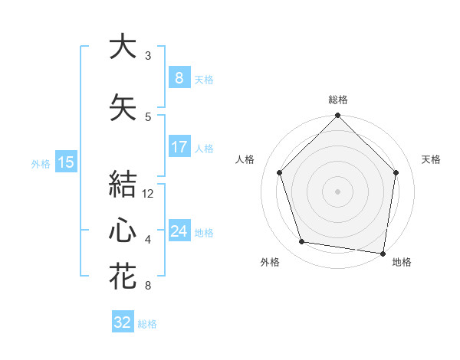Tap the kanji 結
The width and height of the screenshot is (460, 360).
click(x=123, y=185)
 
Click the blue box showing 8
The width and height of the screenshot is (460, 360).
click(x=179, y=78)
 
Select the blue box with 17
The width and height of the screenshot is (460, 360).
click(x=179, y=147)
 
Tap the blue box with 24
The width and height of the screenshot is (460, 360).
click(x=179, y=231)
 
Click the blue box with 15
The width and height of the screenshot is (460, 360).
click(x=65, y=162)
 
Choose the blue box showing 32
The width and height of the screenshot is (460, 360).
click(x=123, y=322)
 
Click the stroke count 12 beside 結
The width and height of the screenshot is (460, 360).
click(x=148, y=194)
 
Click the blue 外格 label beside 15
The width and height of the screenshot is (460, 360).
click(x=40, y=163)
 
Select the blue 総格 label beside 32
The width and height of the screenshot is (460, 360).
click(x=147, y=324)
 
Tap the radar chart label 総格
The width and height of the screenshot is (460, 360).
click(x=338, y=100)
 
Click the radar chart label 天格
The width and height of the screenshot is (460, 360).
click(x=431, y=159)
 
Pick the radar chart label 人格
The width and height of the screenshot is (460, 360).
click(x=245, y=159)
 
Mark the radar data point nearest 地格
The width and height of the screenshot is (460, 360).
click(x=383, y=253)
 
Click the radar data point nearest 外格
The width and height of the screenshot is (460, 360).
click(x=302, y=242)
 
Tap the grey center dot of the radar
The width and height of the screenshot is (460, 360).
click(x=338, y=191)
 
